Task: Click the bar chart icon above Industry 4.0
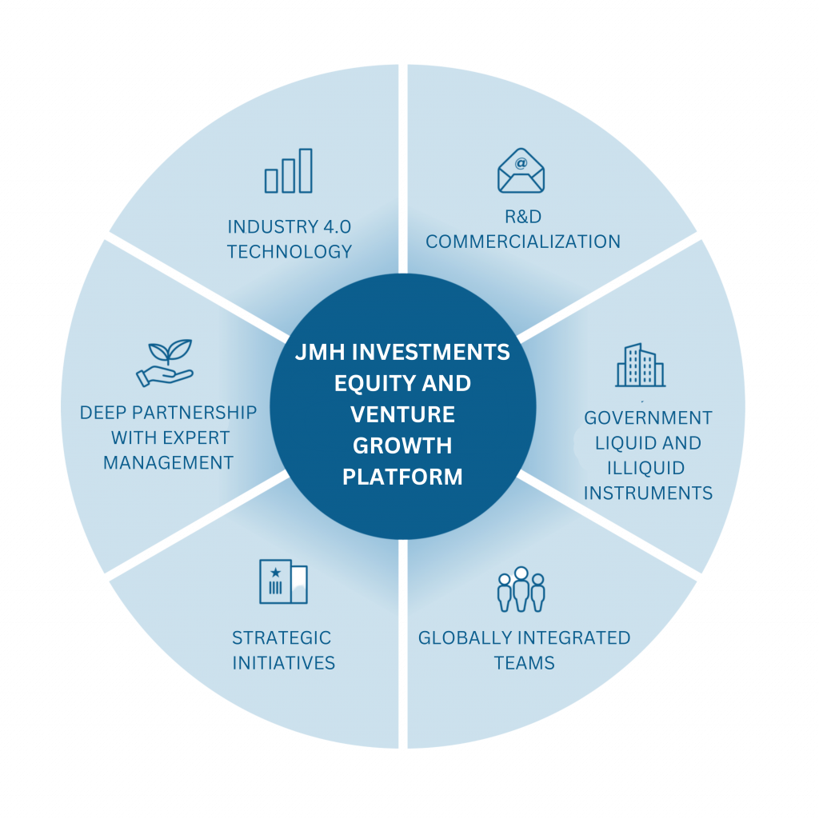coord(289,171)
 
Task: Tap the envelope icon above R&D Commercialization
coord(521,170)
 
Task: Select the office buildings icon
coord(640,366)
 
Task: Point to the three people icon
coord(521,591)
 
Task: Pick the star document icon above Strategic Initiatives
coord(283,581)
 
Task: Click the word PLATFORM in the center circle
coord(402,477)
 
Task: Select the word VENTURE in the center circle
coord(402,414)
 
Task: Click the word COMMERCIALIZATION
coord(523,242)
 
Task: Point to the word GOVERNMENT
coord(648,418)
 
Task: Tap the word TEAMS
coord(524,663)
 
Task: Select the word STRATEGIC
coord(282,638)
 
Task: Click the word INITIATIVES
coord(283,663)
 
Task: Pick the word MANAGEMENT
coord(168,463)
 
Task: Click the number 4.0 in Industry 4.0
coord(336,226)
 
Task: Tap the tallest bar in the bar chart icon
coord(305,170)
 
